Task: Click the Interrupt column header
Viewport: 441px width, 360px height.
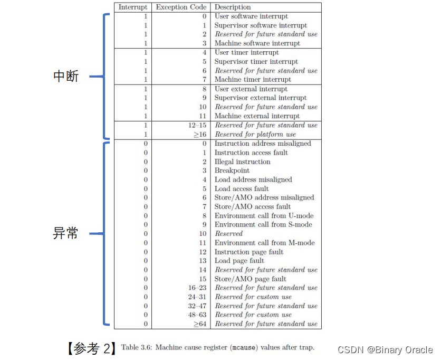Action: [x=133, y=7]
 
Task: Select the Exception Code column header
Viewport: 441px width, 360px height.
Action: [x=180, y=7]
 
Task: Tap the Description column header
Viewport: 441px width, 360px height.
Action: [x=233, y=7]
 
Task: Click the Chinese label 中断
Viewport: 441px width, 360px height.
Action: [x=66, y=77]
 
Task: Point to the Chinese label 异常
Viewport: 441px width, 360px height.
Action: [x=66, y=233]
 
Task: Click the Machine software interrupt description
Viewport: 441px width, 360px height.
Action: [x=257, y=43]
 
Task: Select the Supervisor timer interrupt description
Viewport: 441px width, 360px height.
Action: [x=256, y=61]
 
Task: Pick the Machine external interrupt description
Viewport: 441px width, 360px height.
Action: [x=257, y=116]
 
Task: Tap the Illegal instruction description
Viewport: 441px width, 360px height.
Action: [x=242, y=162]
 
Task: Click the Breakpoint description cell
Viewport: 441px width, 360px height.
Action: [x=233, y=170]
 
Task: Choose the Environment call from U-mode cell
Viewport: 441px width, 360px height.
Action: [x=264, y=215]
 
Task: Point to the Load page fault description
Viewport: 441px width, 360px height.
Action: [x=239, y=261]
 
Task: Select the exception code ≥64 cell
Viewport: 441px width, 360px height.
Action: [x=199, y=324]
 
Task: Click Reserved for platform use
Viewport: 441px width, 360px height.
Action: [x=256, y=135]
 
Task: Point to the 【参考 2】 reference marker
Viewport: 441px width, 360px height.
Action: [x=91, y=348]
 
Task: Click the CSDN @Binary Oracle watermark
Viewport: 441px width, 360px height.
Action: [x=385, y=350]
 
